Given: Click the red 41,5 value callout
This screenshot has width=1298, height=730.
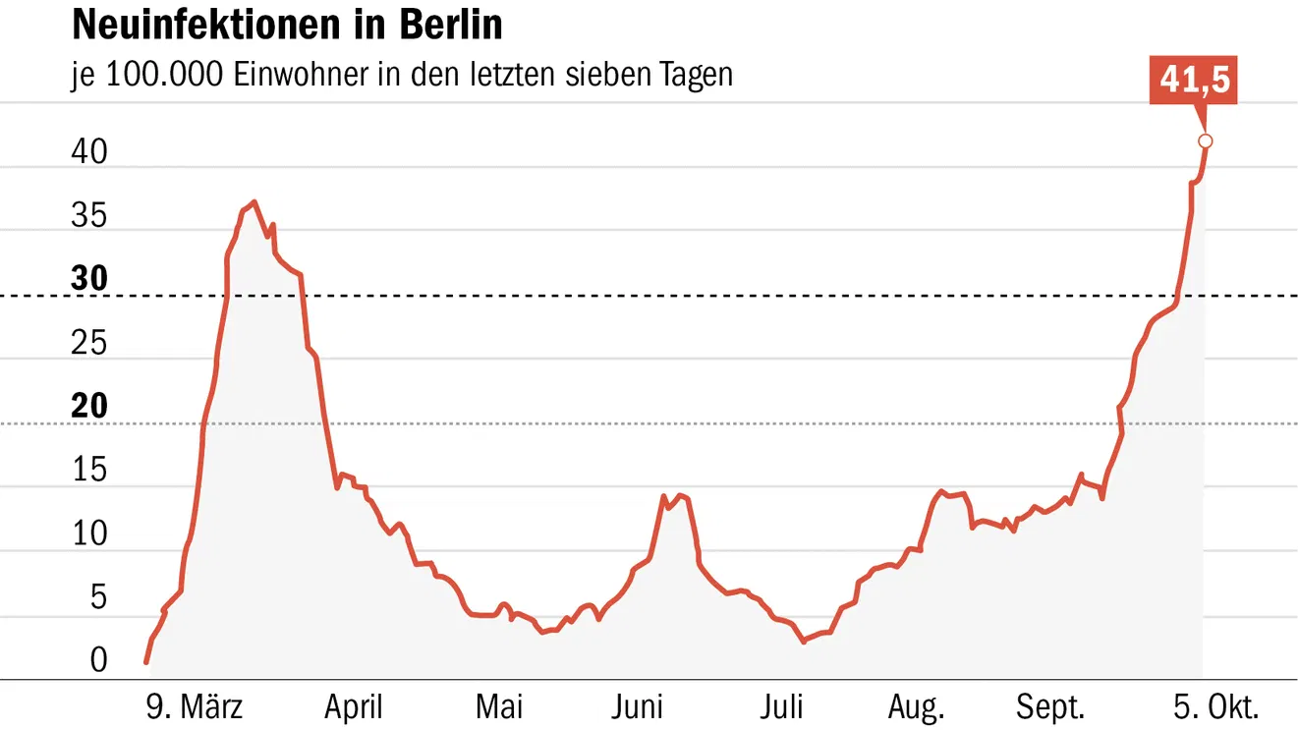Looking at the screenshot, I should [x=1194, y=81].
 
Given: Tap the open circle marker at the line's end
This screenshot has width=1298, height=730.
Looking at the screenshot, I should [x=1206, y=140].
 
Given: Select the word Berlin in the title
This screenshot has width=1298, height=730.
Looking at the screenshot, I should [x=449, y=26].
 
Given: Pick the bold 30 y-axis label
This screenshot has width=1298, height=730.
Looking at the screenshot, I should [x=89, y=279].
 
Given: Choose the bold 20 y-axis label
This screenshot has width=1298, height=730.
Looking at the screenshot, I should [x=89, y=407].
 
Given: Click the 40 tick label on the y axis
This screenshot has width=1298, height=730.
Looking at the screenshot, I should [x=89, y=152].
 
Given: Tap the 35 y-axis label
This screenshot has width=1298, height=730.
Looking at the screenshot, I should [x=89, y=216].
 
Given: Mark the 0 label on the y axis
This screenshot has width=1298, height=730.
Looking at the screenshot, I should [x=98, y=660].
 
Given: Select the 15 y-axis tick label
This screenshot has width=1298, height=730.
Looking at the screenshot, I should [x=89, y=471].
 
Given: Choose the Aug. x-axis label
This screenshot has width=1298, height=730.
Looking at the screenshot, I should [x=916, y=706].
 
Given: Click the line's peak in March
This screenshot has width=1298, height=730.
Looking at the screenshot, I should [x=254, y=201].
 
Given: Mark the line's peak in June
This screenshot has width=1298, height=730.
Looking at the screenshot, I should [x=664, y=496].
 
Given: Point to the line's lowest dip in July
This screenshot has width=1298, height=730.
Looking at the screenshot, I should [x=804, y=642].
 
